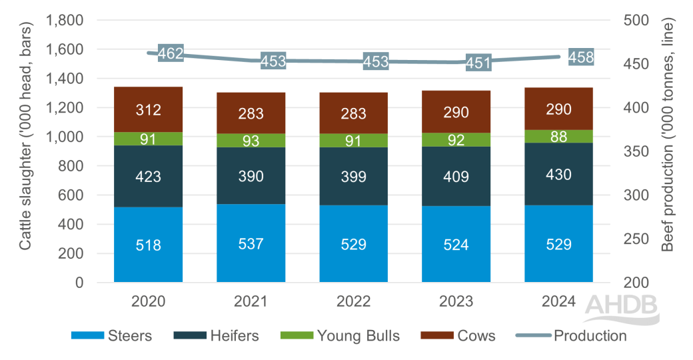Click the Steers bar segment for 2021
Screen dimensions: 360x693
point(251,243)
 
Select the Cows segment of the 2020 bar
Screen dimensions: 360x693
point(148,109)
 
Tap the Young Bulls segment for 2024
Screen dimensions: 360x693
point(558,136)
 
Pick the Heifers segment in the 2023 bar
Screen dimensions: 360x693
point(456,177)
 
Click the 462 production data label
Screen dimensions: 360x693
point(171,54)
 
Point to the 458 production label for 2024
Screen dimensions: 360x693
point(581,57)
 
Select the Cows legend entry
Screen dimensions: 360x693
point(460,335)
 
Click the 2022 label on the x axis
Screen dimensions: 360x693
point(353,301)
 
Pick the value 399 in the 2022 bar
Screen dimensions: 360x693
point(353,177)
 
